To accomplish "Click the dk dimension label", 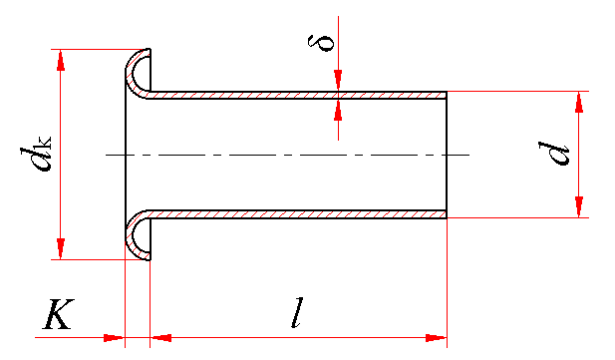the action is coord(35,154).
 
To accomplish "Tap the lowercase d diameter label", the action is coord(553,154).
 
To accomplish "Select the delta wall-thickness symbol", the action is coord(321,42).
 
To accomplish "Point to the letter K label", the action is coord(59,314).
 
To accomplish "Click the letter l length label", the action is coord(298,312).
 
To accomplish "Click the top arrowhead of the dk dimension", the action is coord(61,60).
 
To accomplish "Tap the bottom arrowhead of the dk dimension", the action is coord(61,248).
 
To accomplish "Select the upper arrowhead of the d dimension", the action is coord(579,102).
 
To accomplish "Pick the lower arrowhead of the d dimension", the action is coord(579,206).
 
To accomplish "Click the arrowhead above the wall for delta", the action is coord(338,81).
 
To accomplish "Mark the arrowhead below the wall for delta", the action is coord(338,110).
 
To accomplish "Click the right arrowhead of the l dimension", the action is coord(437,338).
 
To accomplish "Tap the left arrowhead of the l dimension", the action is coord(160,338).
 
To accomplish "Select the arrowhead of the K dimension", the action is coord(114,338).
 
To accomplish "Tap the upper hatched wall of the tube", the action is coord(298,96).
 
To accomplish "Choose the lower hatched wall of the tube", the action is coord(298,214).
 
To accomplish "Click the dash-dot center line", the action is coord(287,156).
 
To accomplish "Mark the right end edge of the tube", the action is coord(447,155).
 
